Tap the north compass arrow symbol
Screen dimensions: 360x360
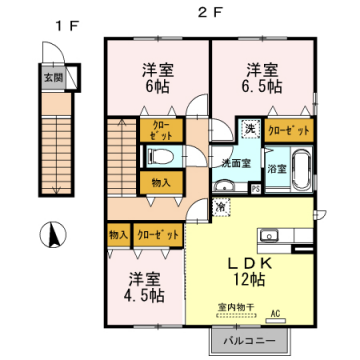(x=50, y=236)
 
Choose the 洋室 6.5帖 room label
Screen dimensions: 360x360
(x=262, y=77)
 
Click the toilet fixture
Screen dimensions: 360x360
(x=160, y=156)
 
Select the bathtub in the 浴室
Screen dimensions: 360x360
(x=277, y=167)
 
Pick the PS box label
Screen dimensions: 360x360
(x=255, y=187)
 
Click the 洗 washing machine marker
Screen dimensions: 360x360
(x=249, y=127)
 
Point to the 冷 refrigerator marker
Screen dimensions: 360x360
(x=220, y=205)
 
